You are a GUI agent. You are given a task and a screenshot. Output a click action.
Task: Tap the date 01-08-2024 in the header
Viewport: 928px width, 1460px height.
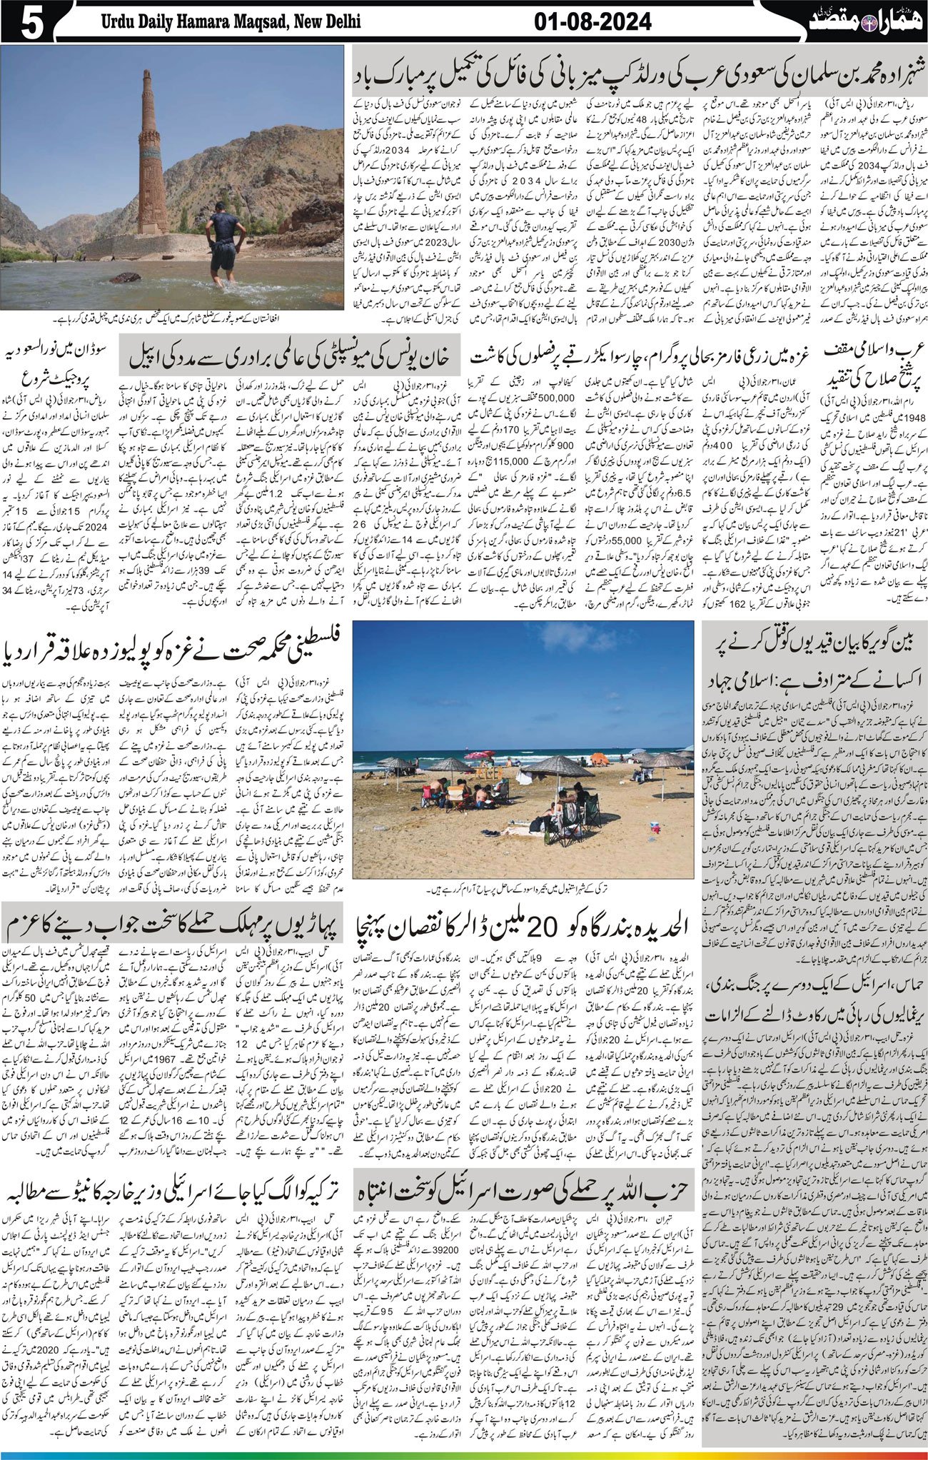(x=592, y=21)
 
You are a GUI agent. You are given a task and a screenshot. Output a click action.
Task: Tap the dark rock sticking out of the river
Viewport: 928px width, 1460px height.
(x=126, y=277)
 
